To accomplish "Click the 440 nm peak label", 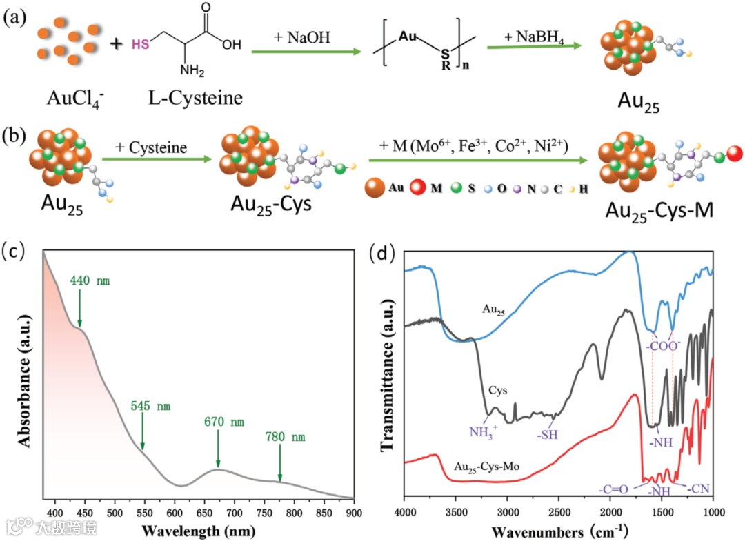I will click(x=90, y=281).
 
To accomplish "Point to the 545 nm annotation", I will click(x=151, y=406).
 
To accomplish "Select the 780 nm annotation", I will click(x=285, y=437).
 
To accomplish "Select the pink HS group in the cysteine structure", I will click(x=139, y=45).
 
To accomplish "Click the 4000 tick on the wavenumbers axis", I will click(x=405, y=512).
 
